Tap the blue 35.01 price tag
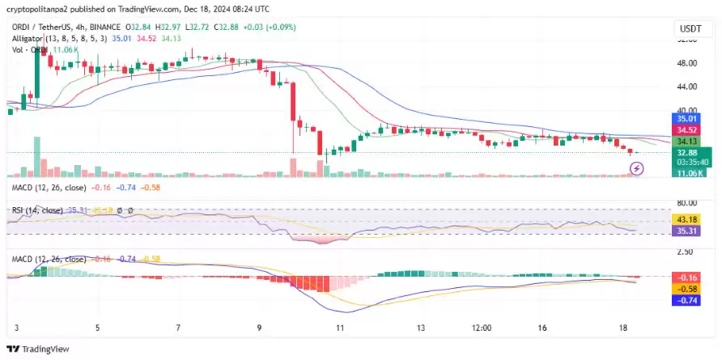[687, 119]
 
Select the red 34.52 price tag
[687, 129]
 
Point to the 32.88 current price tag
[687, 152]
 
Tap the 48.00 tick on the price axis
[687, 62]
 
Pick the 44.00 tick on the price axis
[687, 87]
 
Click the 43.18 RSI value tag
[687, 219]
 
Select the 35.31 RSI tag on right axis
[687, 231]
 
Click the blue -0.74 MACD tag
[687, 300]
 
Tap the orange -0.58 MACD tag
[687, 289]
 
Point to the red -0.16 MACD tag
[687, 277]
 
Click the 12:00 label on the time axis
[482, 328]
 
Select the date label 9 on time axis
[259, 328]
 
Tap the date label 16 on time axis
[542, 328]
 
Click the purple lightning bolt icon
[637, 168]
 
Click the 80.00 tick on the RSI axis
[687, 203]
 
